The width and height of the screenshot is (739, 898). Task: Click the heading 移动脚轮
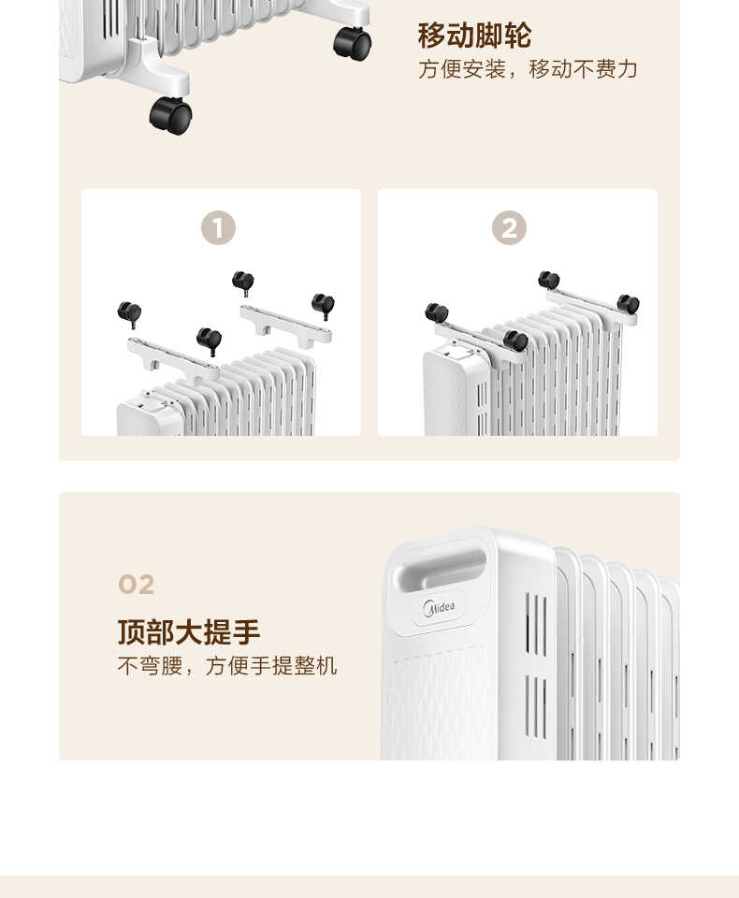474,36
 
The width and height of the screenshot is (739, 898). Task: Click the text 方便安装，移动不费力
528,69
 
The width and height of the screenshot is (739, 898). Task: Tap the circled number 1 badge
218,227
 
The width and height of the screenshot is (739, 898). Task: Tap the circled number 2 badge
509,227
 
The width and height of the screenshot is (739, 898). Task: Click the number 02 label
137,586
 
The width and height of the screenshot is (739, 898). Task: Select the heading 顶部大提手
189,632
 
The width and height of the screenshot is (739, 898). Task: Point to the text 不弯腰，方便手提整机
227,666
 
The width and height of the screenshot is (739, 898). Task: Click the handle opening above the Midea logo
442,568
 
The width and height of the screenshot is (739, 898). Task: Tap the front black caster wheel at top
170,116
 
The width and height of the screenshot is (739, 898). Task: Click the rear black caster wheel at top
353,43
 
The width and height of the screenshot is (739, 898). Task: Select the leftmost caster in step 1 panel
129,312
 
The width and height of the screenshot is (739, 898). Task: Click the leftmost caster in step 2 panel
436,312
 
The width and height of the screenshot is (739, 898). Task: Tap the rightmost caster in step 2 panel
628,304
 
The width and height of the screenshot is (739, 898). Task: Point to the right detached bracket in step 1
284,325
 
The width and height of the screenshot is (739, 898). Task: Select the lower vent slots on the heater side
536,706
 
